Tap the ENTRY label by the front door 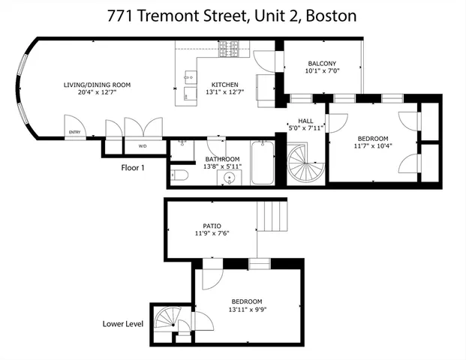tap(74, 132)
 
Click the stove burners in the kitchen tap(229, 49)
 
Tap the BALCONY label tap(321, 64)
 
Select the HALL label tap(305, 121)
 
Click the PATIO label tap(211, 225)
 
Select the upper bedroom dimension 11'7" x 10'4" tap(372, 145)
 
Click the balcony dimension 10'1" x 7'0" tap(321, 71)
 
